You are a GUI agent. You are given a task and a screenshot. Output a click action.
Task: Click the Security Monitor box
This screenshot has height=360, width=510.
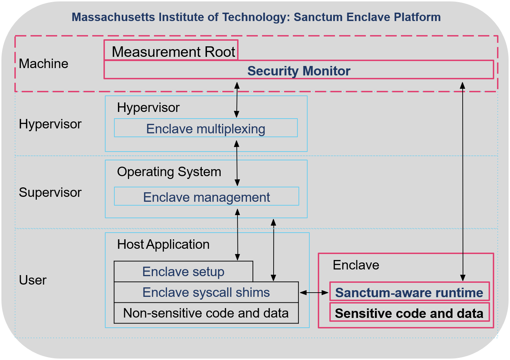click(298, 71)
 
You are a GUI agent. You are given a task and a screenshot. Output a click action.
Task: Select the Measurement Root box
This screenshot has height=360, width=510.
click(173, 52)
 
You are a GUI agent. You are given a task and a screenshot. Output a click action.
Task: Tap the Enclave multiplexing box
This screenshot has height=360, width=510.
click(206, 128)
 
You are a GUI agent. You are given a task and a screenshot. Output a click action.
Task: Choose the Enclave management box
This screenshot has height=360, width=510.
click(206, 197)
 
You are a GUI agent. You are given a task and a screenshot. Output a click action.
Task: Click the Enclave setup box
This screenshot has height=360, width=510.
click(183, 272)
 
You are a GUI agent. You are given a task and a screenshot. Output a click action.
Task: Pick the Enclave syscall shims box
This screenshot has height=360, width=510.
click(206, 292)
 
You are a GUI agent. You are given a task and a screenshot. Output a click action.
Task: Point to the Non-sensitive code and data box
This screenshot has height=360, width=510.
click(206, 313)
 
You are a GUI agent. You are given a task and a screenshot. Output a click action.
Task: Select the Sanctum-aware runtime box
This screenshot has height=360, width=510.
click(409, 292)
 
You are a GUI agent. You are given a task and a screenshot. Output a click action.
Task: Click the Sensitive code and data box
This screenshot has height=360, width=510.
click(409, 313)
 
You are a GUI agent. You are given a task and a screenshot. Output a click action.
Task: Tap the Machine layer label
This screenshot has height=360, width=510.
click(43, 64)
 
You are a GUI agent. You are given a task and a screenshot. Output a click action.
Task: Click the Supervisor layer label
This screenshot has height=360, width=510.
click(50, 192)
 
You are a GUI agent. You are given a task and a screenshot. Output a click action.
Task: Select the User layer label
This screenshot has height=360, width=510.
click(33, 280)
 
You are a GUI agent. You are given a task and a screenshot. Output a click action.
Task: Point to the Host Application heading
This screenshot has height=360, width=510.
click(163, 244)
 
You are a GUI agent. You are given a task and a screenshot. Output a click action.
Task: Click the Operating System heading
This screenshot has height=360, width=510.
click(169, 172)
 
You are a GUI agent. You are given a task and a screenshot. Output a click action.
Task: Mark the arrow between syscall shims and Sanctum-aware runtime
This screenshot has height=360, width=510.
click(314, 292)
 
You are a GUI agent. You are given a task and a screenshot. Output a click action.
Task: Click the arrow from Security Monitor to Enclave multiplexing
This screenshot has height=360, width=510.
click(237, 100)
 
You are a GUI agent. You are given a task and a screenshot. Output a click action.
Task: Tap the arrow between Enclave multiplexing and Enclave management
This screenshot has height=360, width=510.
click(237, 163)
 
